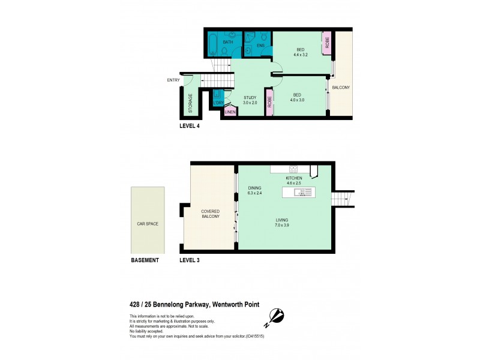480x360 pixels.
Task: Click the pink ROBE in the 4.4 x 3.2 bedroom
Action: [328, 42]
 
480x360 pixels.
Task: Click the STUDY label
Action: [250, 97]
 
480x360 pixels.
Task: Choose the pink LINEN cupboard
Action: [229, 112]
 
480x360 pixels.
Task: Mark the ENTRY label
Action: [173, 80]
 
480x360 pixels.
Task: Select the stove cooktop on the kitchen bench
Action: [294, 169]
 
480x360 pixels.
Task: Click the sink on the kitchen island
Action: [305, 193]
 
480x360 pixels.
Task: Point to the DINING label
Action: [255, 188]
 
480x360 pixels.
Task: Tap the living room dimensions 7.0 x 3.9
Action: [281, 226]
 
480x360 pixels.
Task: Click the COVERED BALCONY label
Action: [210, 214]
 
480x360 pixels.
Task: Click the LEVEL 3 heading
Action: [190, 260]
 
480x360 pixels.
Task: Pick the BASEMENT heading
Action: [145, 260]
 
